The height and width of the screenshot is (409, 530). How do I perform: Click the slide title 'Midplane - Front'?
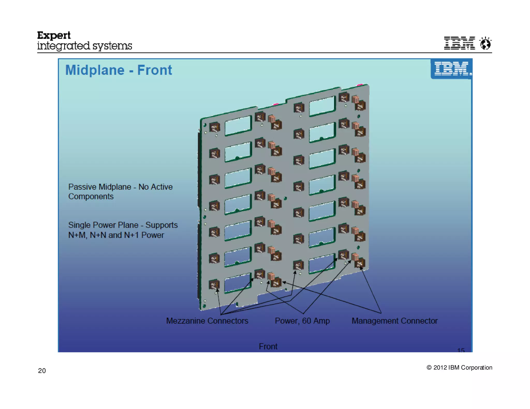[x=119, y=70]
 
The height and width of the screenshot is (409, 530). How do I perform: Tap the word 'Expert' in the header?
[x=54, y=35]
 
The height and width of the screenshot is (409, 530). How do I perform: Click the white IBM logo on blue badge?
[x=451, y=69]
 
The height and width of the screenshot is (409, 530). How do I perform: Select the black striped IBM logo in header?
[x=459, y=43]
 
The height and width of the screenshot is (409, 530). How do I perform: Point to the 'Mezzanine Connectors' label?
[x=207, y=321]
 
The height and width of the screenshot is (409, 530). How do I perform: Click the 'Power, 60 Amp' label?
[x=302, y=321]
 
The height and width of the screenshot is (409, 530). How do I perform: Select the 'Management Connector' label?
[x=394, y=321]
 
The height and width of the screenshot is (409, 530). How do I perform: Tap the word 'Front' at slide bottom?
[x=268, y=346]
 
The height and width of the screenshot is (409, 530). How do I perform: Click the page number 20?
[x=42, y=371]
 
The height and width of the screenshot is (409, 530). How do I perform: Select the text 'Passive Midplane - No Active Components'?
[x=120, y=192]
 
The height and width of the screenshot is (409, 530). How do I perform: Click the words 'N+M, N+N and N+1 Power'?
[x=116, y=235]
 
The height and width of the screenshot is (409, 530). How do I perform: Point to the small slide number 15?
[x=461, y=350]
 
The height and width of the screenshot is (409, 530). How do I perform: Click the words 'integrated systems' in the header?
[x=84, y=46]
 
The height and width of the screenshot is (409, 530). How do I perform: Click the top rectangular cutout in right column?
[x=322, y=106]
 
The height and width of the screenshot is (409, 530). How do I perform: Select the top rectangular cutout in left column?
[x=238, y=126]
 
